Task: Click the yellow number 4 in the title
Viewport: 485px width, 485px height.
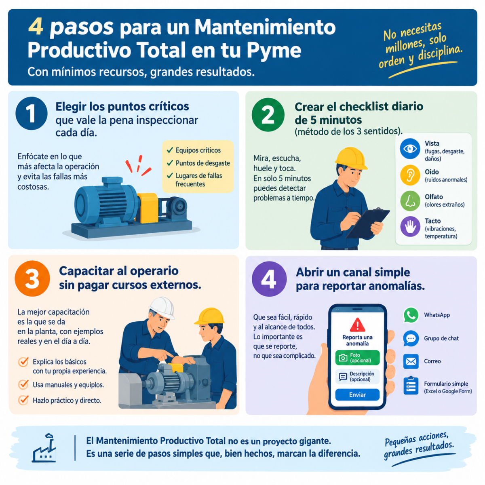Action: [36, 27]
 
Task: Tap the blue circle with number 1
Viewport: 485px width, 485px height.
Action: [32, 113]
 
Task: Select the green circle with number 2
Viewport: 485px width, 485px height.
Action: [268, 114]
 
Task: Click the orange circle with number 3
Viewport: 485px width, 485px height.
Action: [32, 278]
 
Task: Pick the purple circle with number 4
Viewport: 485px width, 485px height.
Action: [269, 279]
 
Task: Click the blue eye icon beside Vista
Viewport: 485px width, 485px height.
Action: [410, 148]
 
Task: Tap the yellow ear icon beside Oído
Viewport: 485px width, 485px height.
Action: [410, 175]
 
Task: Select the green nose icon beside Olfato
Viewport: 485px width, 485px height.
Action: [410, 201]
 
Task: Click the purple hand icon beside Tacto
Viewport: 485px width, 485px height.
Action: [410, 226]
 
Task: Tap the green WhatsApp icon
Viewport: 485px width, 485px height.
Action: [411, 315]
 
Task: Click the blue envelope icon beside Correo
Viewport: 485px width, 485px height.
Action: [411, 361]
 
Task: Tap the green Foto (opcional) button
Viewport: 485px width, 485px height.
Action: [357, 357]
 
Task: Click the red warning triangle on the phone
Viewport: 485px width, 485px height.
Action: [357, 325]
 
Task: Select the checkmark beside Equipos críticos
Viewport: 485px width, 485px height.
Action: [170, 150]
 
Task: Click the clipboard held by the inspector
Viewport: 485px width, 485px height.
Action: [368, 223]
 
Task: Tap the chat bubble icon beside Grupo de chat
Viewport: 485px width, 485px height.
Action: [411, 338]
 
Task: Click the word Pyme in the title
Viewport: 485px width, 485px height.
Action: [274, 51]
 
